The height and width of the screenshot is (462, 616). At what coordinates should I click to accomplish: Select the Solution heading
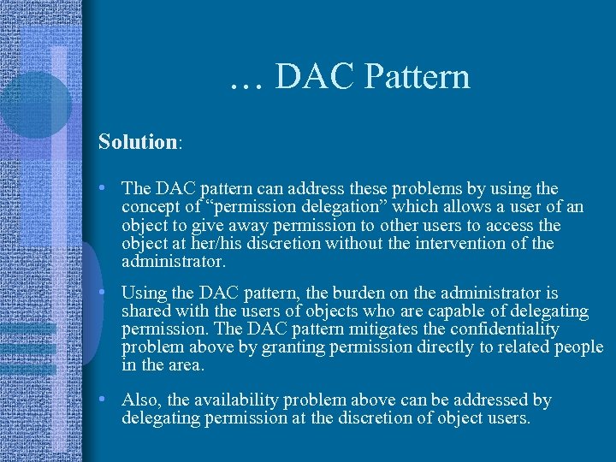(137, 141)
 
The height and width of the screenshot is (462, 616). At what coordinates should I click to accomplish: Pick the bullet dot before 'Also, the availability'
(102, 400)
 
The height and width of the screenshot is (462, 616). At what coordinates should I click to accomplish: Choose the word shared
(146, 311)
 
